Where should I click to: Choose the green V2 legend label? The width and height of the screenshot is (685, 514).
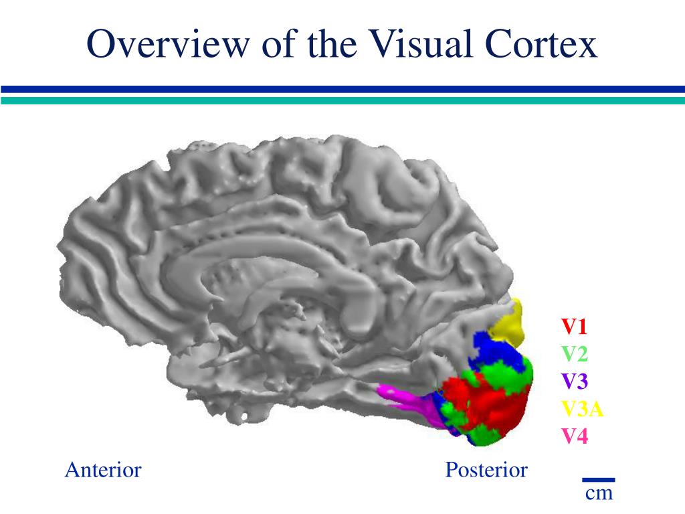coord(574,354)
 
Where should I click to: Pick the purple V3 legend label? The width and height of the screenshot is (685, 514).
coord(574,381)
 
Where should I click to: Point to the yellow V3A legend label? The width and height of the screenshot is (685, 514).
coord(583,409)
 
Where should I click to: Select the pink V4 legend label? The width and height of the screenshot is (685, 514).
coord(574,436)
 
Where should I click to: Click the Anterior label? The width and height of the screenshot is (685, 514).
coord(103,470)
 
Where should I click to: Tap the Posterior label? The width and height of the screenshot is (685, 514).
coord(486,470)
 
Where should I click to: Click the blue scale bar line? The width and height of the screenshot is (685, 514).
coord(598,479)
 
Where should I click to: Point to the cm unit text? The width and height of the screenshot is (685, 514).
coord(599,494)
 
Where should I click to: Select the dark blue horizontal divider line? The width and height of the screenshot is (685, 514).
coord(342,89)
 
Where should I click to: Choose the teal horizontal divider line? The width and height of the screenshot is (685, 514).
coord(342,100)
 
